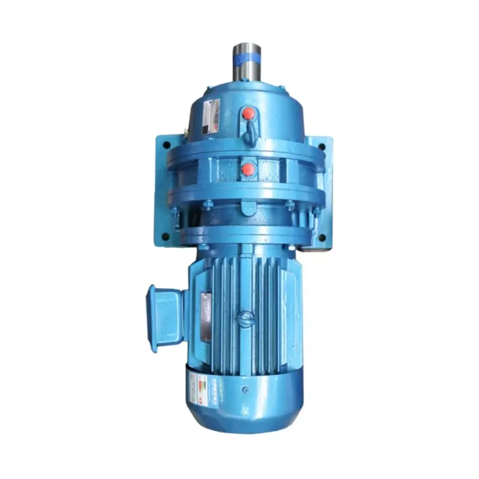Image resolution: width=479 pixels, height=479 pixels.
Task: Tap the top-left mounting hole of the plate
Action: click(162, 144)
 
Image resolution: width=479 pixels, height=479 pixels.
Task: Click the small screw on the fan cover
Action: click(245, 390)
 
